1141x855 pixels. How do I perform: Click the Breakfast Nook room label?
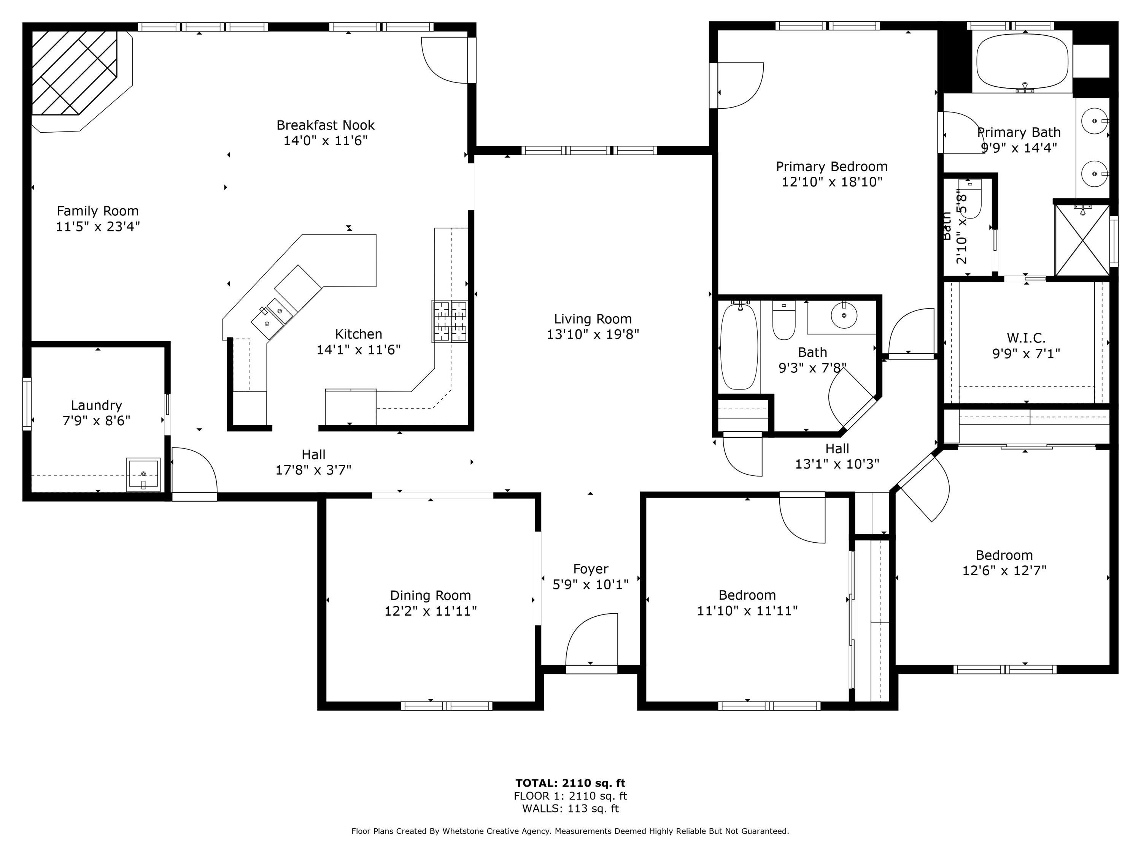click(x=326, y=125)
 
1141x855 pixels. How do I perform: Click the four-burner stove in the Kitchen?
click(x=450, y=321)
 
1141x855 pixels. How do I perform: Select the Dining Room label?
click(x=430, y=596)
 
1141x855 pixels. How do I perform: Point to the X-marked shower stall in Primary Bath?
click(x=1082, y=240)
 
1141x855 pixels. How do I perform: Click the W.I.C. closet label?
click(x=1026, y=339)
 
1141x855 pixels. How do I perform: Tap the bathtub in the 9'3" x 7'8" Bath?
click(x=739, y=346)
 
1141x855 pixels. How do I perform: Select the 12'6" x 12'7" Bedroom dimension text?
click(x=1004, y=570)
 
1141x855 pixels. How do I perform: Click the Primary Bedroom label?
click(x=831, y=166)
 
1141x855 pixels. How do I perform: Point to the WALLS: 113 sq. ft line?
click(x=570, y=809)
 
